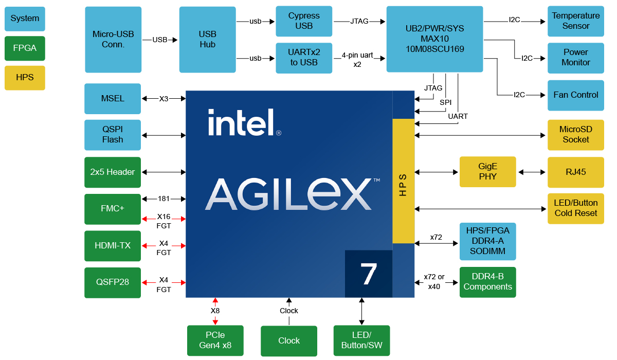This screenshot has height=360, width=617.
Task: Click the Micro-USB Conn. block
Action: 113,40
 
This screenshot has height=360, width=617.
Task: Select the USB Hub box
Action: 207,40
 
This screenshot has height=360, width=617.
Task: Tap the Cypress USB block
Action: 304,21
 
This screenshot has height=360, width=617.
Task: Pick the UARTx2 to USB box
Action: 304,58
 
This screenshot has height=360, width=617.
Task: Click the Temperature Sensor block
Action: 575,21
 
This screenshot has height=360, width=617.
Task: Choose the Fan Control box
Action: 575,95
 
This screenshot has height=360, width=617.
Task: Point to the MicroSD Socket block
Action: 575,135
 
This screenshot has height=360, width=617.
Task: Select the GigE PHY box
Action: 487,172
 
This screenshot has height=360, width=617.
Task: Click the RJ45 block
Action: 575,172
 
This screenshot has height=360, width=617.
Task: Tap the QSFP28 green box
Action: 113,282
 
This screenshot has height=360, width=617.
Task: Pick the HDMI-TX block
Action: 113,246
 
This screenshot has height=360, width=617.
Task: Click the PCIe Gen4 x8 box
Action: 215,340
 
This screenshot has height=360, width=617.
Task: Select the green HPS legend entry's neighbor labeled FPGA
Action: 25,48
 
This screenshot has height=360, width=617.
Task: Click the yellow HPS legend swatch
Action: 25,78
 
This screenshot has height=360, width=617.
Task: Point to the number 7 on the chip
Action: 369,274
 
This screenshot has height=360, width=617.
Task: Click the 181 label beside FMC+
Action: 164,199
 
